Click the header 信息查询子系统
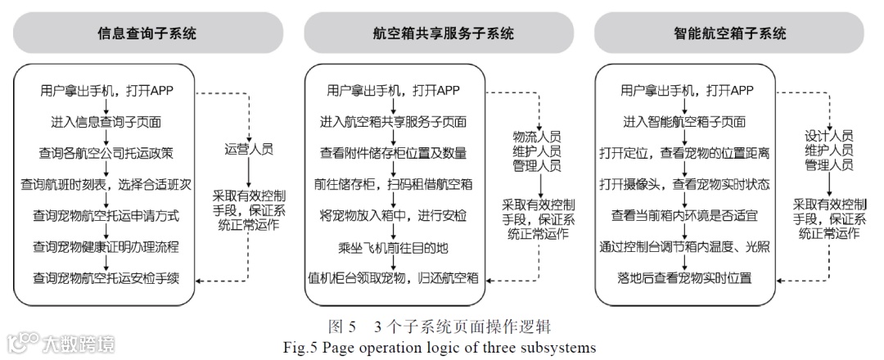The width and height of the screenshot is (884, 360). pyautogui.click(x=147, y=34)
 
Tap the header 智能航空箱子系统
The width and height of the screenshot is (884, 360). pyautogui.click(x=728, y=34)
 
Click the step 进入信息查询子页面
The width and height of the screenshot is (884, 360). pyautogui.click(x=106, y=123)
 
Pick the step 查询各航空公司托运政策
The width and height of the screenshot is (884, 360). pyautogui.click(x=106, y=153)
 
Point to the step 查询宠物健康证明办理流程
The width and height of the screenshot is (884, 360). pyautogui.click(x=106, y=245)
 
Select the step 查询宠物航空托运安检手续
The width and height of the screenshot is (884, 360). pyautogui.click(x=106, y=277)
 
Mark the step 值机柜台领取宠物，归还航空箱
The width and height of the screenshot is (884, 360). pyautogui.click(x=393, y=277)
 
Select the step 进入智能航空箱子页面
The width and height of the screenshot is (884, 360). pyautogui.click(x=684, y=123)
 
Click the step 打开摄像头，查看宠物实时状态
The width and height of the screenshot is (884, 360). pyautogui.click(x=684, y=184)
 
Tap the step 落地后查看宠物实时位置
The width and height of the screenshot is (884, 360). pyautogui.click(x=684, y=277)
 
